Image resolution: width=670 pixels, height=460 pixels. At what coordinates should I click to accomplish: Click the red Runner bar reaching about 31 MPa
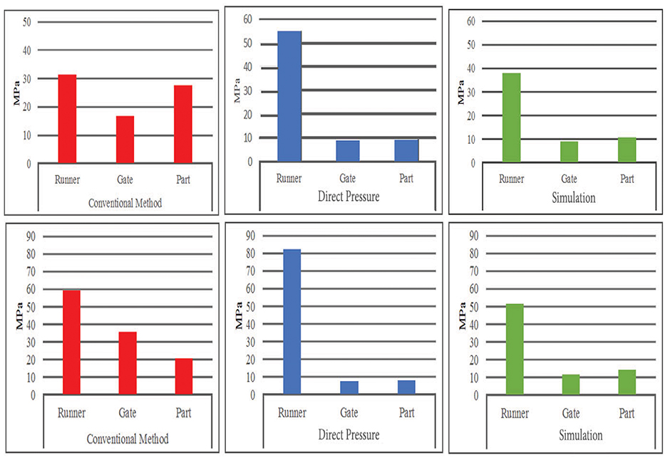pos(67,119)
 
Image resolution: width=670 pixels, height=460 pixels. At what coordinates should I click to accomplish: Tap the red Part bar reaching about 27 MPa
pos(183,125)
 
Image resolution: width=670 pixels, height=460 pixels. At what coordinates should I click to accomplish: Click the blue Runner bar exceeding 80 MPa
pos(292,321)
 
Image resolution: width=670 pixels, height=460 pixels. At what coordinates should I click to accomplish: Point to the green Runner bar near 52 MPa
pos(515,349)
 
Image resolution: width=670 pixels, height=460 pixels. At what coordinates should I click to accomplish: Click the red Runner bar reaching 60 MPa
pos(71,342)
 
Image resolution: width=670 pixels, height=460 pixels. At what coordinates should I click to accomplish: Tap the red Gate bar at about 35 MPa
pos(127,362)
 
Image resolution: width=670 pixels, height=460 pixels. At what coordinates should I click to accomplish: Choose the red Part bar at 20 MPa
pos(184,376)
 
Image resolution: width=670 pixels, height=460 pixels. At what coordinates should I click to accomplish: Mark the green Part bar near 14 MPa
pos(627,382)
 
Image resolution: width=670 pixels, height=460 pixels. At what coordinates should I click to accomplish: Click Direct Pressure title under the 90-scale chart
pos(349,434)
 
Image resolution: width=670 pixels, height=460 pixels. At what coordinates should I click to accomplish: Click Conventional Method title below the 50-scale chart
pos(125,203)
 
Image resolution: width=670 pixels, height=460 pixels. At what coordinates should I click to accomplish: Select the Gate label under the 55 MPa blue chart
pos(349,178)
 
